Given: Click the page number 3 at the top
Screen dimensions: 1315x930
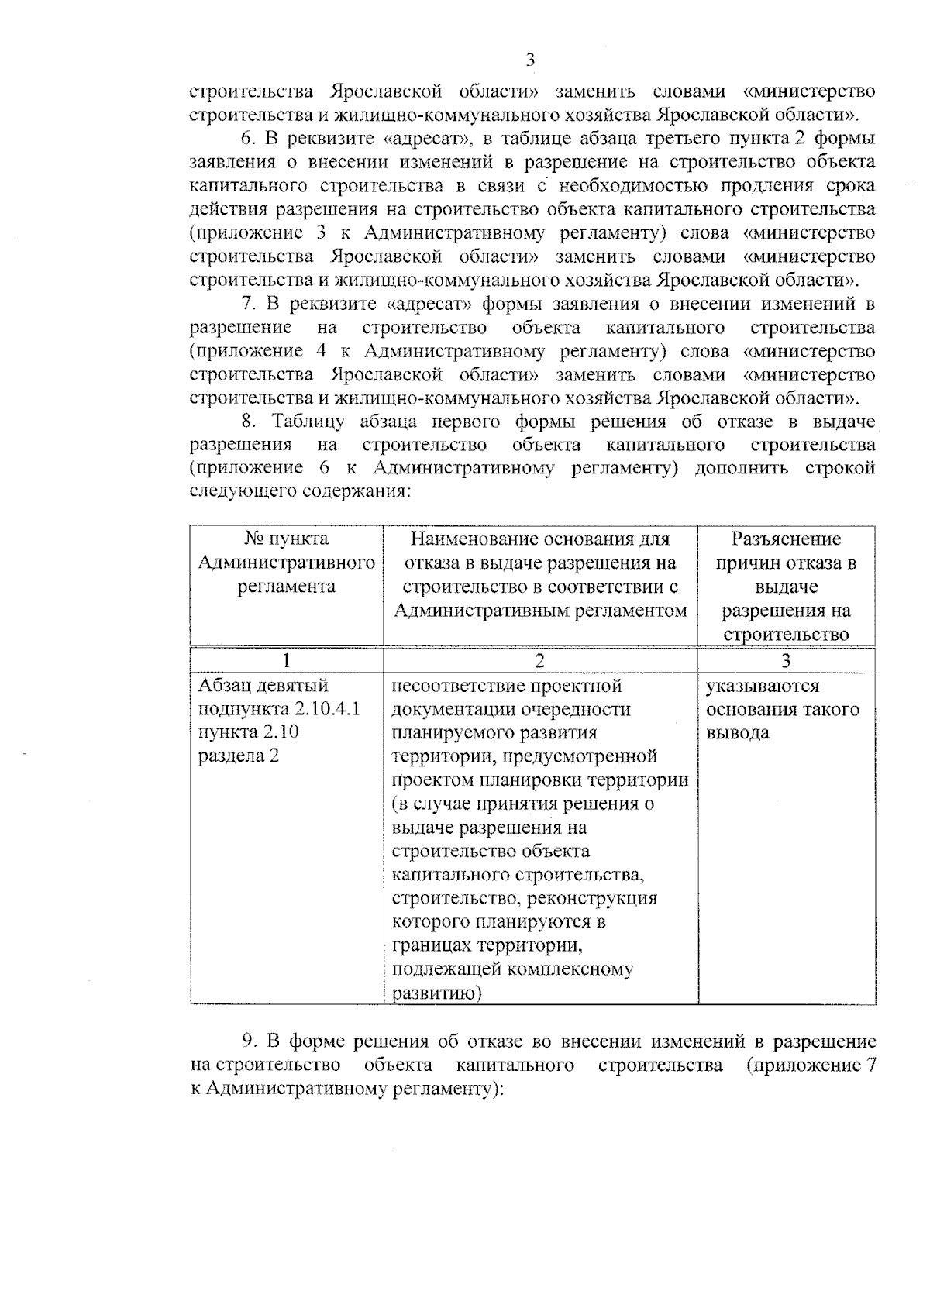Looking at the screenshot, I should [x=531, y=60].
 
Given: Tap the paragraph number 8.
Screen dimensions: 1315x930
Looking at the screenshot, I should [x=247, y=422].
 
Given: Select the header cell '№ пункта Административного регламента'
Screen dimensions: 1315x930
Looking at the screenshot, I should [x=286, y=563].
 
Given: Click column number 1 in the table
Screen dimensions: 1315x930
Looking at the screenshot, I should [x=286, y=660].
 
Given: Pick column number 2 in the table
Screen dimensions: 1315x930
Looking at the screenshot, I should [x=539, y=660].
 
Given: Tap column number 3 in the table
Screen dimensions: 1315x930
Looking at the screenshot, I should [x=786, y=660].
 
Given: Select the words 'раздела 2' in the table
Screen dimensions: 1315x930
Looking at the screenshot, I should [x=238, y=756].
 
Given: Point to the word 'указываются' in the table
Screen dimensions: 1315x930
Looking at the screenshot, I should [x=762, y=686].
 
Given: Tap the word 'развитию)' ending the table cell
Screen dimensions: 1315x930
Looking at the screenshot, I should [x=437, y=993].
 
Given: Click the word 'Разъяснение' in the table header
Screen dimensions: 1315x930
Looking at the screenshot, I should [x=786, y=539].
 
